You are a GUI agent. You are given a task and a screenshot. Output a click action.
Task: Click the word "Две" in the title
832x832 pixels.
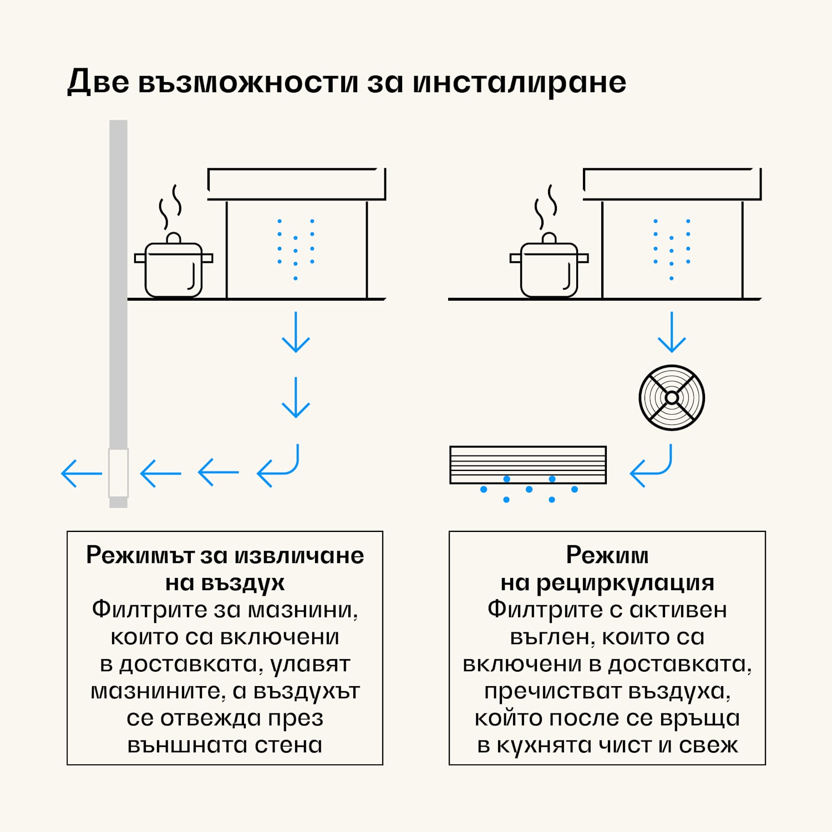click(x=98, y=82)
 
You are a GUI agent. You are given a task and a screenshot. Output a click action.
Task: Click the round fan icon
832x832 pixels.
click(x=672, y=398)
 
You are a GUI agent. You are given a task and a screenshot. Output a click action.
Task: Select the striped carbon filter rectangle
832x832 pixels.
click(x=528, y=465)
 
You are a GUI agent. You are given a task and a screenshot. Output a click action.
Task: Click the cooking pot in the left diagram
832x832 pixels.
click(x=174, y=270)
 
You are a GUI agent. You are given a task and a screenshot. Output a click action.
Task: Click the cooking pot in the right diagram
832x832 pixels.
click(x=549, y=270)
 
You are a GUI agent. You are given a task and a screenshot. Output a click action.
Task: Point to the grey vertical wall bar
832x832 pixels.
click(x=118, y=277)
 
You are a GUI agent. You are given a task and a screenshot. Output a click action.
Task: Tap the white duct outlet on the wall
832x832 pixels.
click(x=118, y=473)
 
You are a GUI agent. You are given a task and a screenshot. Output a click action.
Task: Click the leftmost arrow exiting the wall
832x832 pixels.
click(x=82, y=473)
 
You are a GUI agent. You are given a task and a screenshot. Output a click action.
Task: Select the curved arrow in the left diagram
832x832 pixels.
click(x=279, y=467)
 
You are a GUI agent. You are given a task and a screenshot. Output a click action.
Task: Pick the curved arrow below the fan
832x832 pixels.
click(x=652, y=467)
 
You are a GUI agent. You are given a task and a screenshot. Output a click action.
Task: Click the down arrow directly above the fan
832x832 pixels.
click(x=672, y=332)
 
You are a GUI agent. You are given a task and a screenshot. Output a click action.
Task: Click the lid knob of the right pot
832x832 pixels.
click(x=549, y=238)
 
